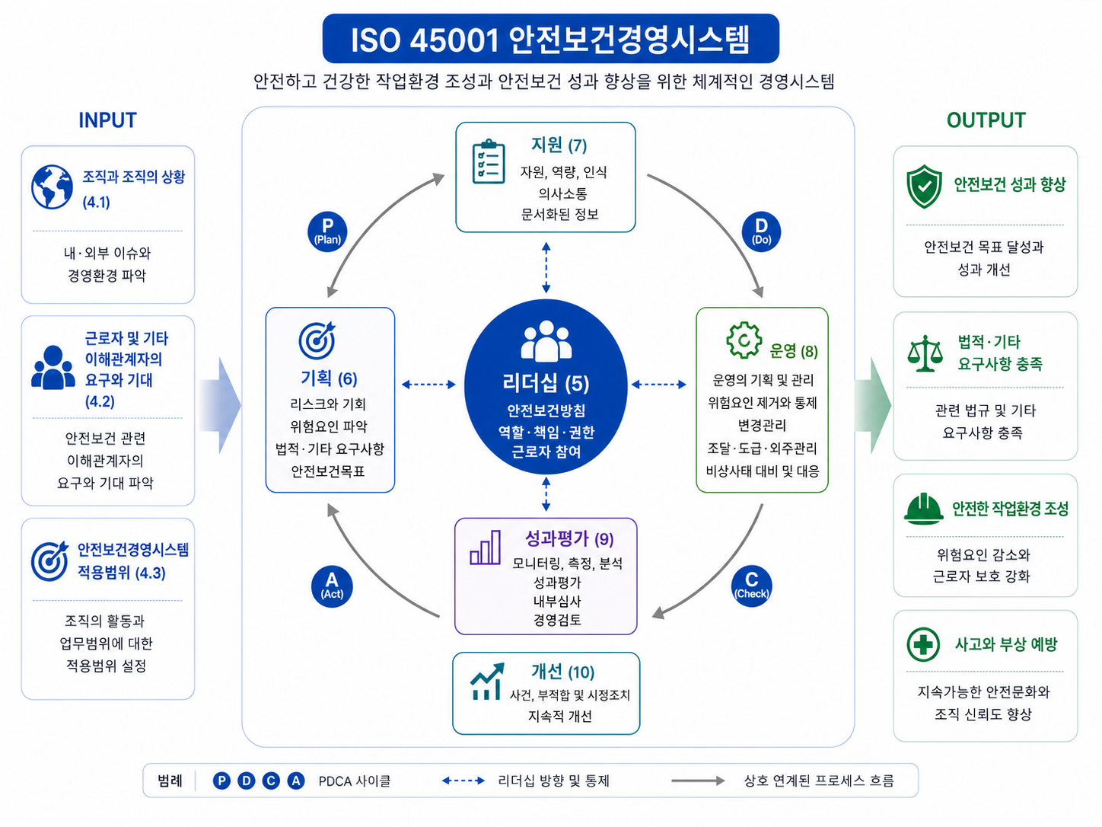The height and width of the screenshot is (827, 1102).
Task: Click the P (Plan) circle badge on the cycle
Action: point(327,231)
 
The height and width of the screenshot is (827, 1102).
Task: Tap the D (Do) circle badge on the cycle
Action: point(761,231)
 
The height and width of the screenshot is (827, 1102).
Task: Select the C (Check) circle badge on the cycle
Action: point(751,586)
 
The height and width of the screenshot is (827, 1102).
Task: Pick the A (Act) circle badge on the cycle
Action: point(332,586)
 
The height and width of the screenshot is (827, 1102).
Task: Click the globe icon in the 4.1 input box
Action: point(52,187)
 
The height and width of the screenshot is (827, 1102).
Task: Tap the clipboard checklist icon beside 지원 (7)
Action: point(489,161)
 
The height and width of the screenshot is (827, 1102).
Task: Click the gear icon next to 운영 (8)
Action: point(744,340)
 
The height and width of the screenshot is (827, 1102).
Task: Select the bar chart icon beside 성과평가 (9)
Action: point(485,548)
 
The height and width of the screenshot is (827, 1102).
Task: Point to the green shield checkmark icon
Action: point(924,187)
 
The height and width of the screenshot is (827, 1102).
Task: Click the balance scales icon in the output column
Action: point(925,354)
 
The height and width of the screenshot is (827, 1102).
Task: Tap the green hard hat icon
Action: point(923,509)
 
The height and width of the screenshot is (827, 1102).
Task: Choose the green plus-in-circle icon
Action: point(922,644)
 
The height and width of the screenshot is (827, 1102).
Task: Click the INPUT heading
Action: point(107,120)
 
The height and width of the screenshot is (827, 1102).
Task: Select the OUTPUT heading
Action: point(986,120)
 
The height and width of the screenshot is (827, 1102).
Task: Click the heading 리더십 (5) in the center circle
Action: point(546,383)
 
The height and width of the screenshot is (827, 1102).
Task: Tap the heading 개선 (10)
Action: point(563,672)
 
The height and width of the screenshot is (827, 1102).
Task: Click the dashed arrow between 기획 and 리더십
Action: point(428,385)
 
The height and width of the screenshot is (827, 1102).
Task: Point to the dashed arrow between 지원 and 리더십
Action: point(546,267)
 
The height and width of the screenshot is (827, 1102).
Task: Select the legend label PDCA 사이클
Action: point(355,781)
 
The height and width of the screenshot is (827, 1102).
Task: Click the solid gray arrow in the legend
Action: point(698,781)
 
